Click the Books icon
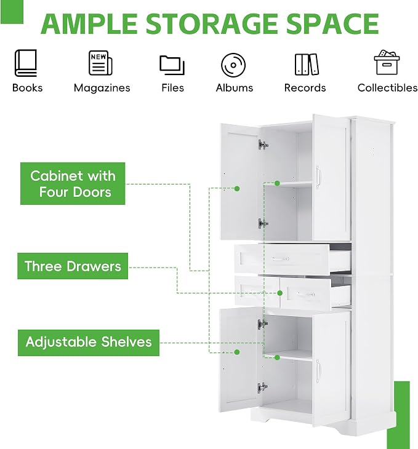coord(25,63)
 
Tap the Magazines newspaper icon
coord(100,63)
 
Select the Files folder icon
coord(172,65)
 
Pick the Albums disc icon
coord(233,65)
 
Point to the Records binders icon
coord(307,65)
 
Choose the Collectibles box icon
coord(387,62)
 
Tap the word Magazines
coord(102,88)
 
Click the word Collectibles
coord(387,87)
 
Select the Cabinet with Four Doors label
coord(73,183)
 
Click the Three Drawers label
coord(73,266)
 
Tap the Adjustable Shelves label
coord(88,343)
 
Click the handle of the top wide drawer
coord(280,259)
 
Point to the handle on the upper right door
coord(318,177)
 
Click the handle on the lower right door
coord(318,371)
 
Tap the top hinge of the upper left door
coord(263,145)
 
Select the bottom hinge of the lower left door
coord(262,387)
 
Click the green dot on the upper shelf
coord(277,183)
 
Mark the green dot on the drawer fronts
coord(280,293)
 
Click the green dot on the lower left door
coord(237,352)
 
